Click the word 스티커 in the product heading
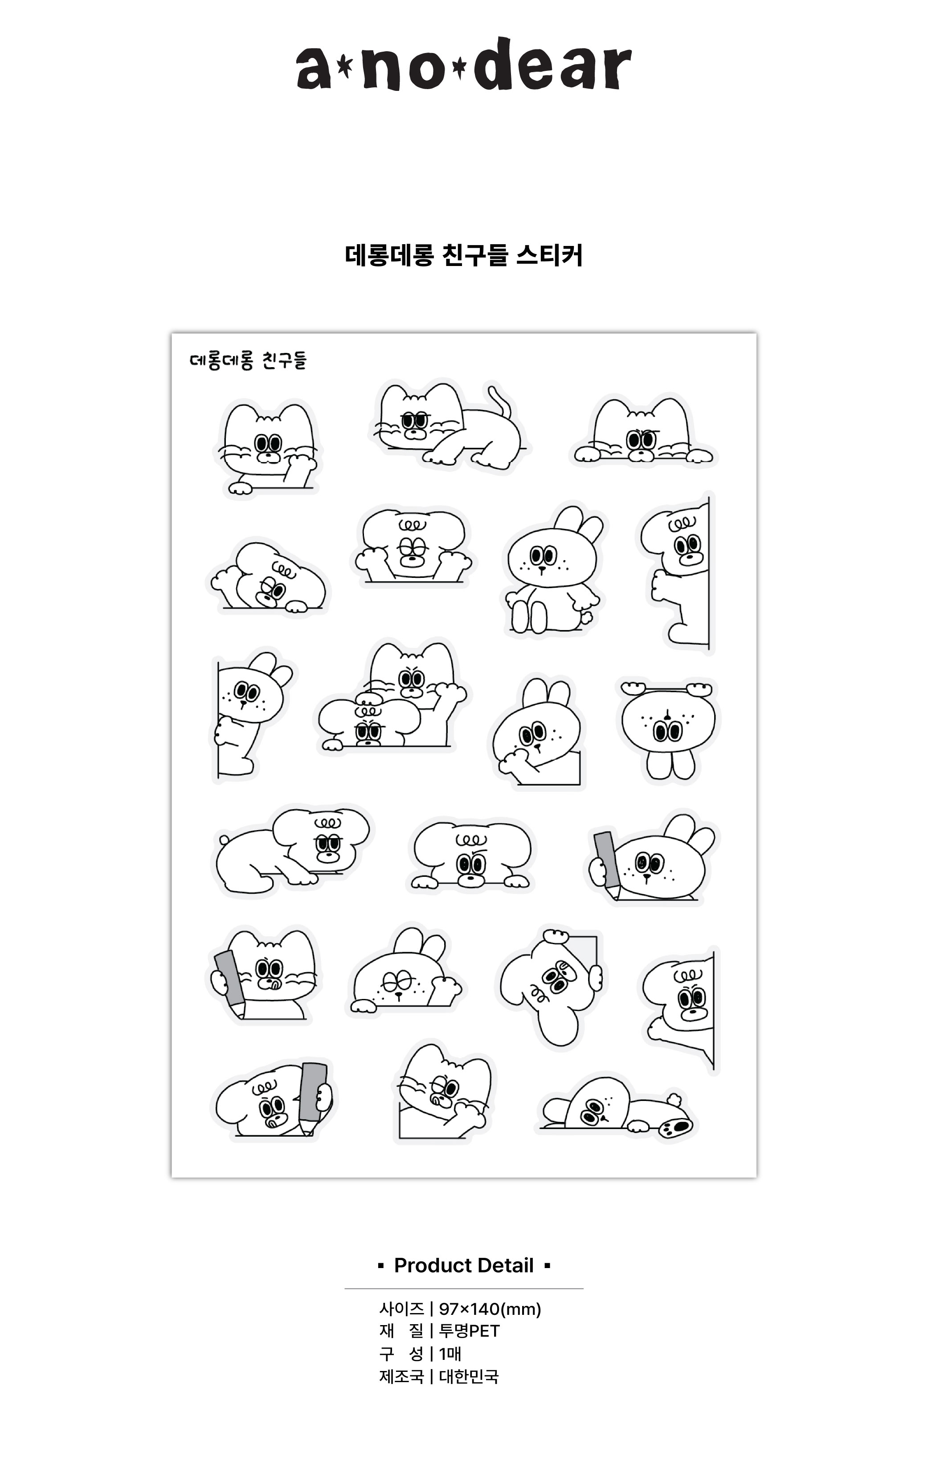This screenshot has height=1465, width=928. point(549,255)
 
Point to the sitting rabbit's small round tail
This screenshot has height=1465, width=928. point(586,618)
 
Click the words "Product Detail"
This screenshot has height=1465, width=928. point(464,1265)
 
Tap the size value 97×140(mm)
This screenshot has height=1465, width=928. point(490,1309)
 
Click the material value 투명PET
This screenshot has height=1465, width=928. point(469,1331)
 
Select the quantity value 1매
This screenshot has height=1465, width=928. point(450,1354)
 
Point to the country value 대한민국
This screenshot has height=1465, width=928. point(469,1376)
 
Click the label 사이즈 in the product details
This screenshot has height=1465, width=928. point(401,1309)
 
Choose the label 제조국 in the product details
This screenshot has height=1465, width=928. point(401,1376)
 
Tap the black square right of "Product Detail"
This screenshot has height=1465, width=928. point(548,1266)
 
